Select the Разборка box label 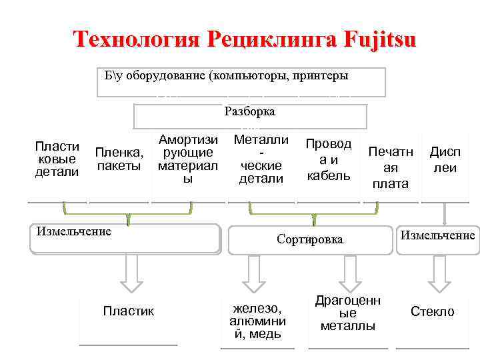[x=250, y=112]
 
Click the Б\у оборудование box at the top [x=227, y=76]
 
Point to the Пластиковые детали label [x=57, y=159]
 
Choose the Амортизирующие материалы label [x=188, y=159]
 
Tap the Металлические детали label [x=261, y=159]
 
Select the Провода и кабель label [x=328, y=159]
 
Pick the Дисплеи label [x=445, y=160]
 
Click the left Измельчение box [x=125, y=238]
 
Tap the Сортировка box [x=310, y=239]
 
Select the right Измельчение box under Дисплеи [x=437, y=235]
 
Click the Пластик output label [x=128, y=311]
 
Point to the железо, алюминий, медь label [x=257, y=321]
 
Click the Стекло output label [x=432, y=311]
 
